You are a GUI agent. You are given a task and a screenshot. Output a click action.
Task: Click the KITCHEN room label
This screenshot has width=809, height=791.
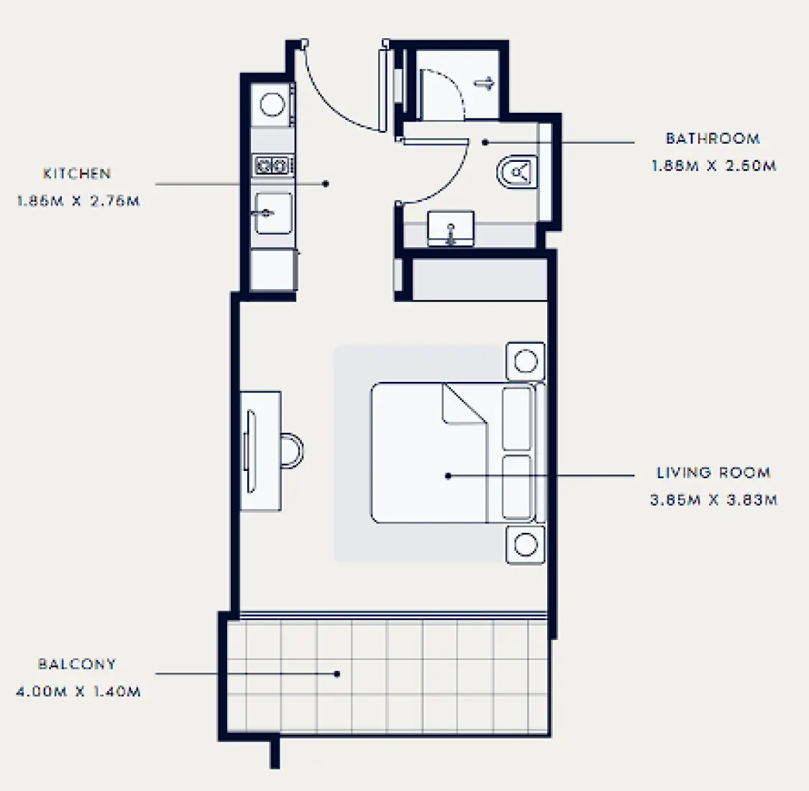click(76, 174)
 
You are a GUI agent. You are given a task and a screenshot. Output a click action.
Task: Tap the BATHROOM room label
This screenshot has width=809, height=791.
click(712, 139)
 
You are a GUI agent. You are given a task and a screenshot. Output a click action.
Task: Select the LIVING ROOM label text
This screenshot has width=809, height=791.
click(713, 472)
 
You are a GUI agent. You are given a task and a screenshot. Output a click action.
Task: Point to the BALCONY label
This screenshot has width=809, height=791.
click(77, 664)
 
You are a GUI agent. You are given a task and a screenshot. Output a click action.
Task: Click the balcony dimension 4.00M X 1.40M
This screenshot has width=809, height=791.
click(78, 692)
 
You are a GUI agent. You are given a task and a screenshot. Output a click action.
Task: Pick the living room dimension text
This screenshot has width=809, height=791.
click(713, 500)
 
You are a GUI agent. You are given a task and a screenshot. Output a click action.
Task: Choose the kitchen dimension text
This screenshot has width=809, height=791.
click(78, 201)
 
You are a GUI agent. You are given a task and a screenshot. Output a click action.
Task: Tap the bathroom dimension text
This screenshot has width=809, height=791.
click(713, 166)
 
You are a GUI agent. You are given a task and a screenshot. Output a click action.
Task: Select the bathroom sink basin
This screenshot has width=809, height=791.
click(451, 229)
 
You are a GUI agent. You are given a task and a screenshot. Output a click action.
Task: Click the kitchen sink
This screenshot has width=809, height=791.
click(273, 213)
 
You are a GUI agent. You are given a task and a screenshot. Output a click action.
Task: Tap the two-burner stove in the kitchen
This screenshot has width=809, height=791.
click(273, 166)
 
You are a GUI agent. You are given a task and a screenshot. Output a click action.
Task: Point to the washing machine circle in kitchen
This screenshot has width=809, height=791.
click(273, 105)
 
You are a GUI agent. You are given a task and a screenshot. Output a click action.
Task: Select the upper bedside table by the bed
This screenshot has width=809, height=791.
click(525, 361)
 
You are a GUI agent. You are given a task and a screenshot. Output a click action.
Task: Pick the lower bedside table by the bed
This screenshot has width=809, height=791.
click(525, 544)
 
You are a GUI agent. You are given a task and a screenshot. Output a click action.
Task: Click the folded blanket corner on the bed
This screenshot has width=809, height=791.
click(464, 405)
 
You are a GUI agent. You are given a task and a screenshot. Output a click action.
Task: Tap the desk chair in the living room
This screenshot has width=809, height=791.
click(291, 450)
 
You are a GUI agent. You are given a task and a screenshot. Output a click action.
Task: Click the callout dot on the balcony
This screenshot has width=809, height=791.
click(337, 674)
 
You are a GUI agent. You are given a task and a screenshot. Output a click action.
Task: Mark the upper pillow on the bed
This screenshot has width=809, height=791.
click(517, 419)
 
